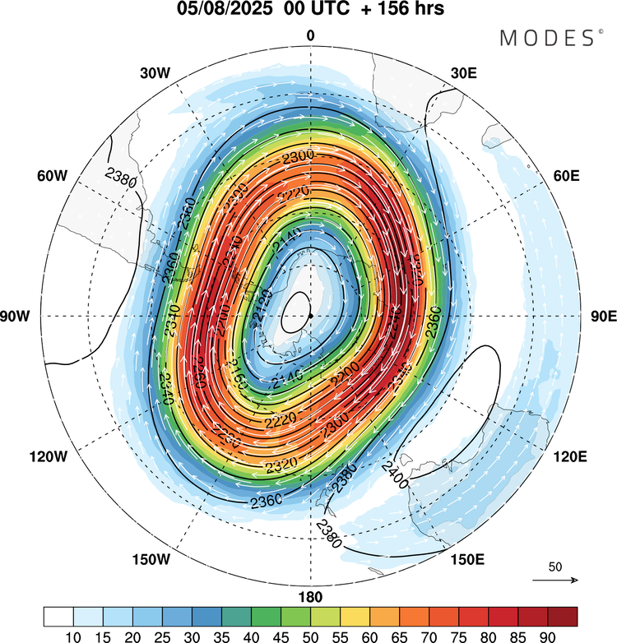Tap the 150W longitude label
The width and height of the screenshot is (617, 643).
(150, 560)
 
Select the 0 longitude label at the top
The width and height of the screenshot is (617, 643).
(310, 35)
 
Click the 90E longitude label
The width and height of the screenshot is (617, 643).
(603, 317)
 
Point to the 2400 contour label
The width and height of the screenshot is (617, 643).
(394, 474)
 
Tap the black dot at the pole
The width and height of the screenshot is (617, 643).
(310, 316)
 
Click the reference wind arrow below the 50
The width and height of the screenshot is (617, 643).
(555, 581)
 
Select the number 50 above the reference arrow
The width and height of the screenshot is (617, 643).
(555, 567)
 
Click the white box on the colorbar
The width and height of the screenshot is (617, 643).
(58, 616)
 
